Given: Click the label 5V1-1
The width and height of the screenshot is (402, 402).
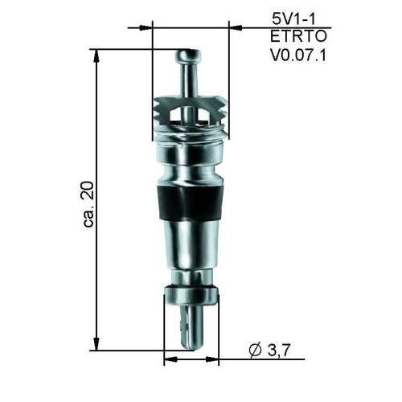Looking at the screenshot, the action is [294, 19].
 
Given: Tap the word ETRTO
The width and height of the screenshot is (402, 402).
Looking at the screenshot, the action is [298, 36].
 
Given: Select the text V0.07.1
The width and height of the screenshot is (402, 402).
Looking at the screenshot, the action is [298, 55].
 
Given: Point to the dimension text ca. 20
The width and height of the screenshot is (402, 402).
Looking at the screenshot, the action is [88, 204].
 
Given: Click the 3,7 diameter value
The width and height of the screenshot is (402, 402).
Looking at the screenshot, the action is [279, 350].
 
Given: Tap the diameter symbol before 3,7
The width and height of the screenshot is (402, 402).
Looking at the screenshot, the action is [256, 350].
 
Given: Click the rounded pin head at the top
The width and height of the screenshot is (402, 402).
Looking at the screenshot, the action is [188, 55].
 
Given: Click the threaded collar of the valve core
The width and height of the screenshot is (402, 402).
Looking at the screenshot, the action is [190, 118].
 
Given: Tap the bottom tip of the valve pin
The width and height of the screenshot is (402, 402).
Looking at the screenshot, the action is [192, 347].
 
